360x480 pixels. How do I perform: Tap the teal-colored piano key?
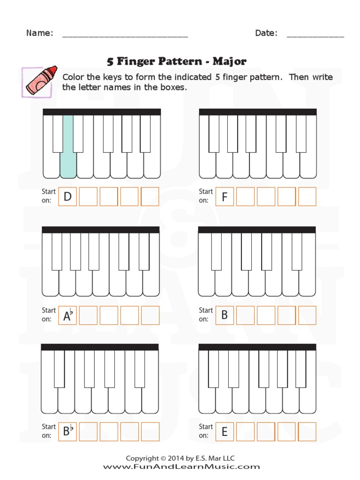point(68,150)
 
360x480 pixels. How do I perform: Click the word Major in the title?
point(229,61)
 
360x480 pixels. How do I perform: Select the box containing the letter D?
point(67,197)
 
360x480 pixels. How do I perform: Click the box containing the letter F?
point(225,197)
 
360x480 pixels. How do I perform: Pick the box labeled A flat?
point(67,315)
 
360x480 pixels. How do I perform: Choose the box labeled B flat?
point(67,432)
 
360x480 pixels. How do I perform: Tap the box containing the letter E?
point(225,432)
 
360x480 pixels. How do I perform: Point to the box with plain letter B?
point(225,315)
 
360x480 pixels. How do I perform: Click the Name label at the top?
point(39,33)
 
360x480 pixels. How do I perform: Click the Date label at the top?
point(266,33)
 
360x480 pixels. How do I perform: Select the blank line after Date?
point(315,35)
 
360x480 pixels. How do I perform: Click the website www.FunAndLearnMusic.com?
point(181,466)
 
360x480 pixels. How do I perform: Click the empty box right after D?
point(88,197)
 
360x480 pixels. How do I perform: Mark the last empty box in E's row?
point(307,432)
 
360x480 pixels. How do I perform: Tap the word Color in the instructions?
point(73,77)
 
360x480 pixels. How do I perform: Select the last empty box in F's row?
point(307,197)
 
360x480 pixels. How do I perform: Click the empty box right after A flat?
point(88,315)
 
